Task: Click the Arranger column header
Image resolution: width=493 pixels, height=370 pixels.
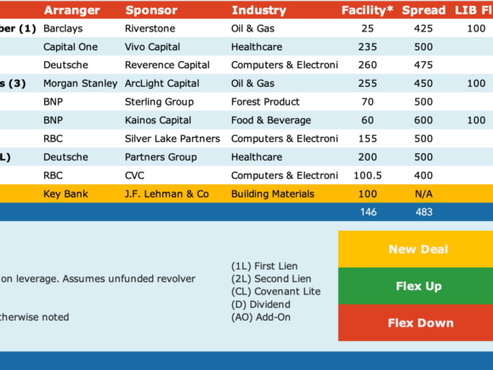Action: point(72,10)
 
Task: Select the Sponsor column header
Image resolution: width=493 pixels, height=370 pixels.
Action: point(151,10)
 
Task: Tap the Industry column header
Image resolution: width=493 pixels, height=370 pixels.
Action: point(258,10)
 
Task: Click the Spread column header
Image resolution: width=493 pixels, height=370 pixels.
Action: point(423,10)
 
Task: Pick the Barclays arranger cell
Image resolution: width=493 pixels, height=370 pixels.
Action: point(63,29)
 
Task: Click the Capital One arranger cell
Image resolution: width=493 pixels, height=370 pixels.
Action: point(71,47)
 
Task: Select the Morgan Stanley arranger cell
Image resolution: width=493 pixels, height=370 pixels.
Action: point(80,83)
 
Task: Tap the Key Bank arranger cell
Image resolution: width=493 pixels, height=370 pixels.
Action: point(65,194)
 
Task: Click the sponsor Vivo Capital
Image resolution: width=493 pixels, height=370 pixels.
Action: point(152,47)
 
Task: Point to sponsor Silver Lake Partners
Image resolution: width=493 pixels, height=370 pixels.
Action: point(173,139)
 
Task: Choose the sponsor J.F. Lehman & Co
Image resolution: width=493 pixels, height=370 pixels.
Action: point(167,194)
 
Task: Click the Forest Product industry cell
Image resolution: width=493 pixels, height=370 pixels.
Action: point(265,102)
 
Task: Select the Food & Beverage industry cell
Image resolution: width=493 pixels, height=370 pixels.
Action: point(270,120)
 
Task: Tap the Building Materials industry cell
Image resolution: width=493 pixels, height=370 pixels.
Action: point(273,194)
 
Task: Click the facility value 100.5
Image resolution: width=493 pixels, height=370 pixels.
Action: point(367,175)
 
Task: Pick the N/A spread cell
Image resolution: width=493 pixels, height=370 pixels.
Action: point(423,194)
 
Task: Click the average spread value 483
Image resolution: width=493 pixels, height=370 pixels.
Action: point(424,212)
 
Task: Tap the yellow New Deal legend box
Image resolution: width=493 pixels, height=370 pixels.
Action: point(416,249)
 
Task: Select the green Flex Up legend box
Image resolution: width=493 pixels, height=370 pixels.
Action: point(416,286)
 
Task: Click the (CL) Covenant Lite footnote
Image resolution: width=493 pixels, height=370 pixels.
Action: point(275,292)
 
